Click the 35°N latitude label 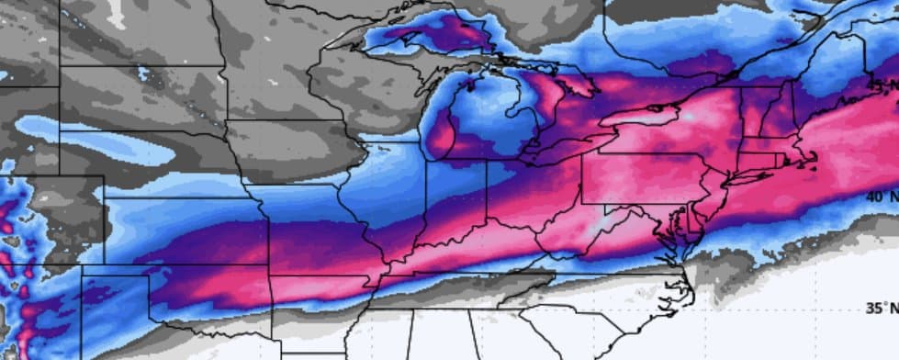coord(880,309)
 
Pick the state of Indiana coord(455,197)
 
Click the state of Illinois coord(395,197)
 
